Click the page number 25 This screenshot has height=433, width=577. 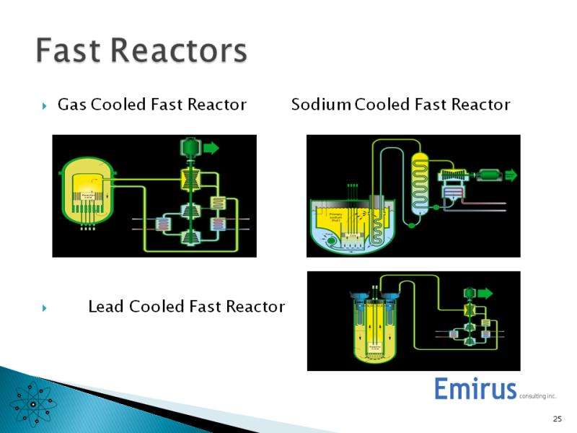click(557, 419)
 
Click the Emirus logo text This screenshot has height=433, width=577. click(476, 389)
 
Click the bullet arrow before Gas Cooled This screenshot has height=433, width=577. click(45, 106)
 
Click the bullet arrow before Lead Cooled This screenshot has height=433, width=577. click(45, 308)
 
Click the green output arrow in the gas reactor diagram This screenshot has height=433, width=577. click(212, 149)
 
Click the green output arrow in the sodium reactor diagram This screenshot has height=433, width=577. click(510, 174)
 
